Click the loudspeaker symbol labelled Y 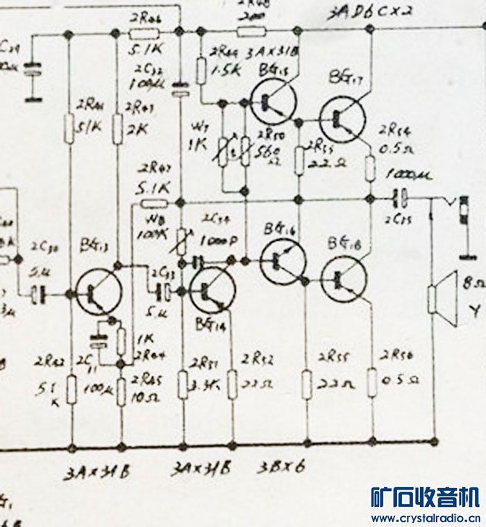(x=439, y=300)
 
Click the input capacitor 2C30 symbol (x=39, y=294)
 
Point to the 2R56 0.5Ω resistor (x=373, y=381)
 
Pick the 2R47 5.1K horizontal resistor (x=154, y=203)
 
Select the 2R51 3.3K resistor (x=183, y=384)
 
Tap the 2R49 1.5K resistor (x=201, y=71)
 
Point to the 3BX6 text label (x=280, y=469)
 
